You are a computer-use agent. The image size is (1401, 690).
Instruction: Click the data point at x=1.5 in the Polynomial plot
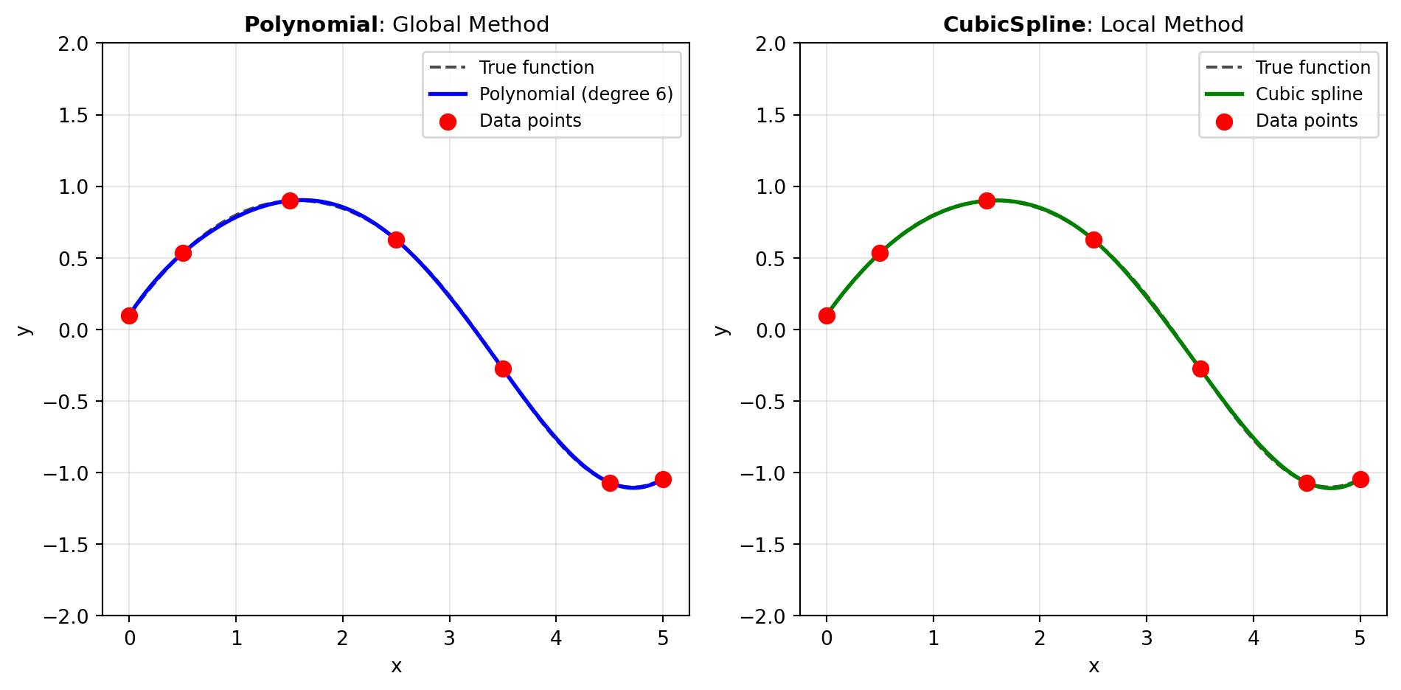(290, 201)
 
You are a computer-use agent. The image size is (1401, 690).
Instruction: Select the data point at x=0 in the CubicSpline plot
(827, 316)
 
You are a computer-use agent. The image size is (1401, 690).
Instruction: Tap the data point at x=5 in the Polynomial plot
(663, 479)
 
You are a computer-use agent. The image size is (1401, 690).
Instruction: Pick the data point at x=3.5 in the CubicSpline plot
(1200, 369)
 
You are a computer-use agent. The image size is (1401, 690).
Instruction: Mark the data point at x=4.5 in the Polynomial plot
(610, 483)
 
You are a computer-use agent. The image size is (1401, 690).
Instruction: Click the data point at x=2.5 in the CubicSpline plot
(1094, 240)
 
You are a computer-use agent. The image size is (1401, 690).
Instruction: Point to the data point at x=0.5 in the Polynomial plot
(183, 253)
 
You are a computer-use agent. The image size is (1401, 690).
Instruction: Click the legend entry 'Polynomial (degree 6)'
(575, 94)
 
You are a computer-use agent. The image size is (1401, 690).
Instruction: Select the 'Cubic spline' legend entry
(1309, 94)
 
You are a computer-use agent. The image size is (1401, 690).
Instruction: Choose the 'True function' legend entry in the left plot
(536, 68)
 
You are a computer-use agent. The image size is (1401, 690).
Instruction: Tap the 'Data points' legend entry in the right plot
(1306, 121)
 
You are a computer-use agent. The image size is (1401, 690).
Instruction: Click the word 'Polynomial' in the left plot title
(311, 25)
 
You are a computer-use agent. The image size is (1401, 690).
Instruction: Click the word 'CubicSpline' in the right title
(1014, 25)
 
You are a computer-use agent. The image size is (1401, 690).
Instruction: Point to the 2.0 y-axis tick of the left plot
(73, 43)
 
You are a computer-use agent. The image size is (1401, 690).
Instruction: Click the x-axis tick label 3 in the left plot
(449, 638)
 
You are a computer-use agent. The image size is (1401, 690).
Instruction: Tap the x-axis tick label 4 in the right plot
(1254, 638)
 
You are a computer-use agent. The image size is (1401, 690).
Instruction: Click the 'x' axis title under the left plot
(396, 666)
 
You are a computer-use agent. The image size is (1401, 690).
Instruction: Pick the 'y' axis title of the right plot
(722, 330)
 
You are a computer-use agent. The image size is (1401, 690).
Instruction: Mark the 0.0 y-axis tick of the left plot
(73, 330)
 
